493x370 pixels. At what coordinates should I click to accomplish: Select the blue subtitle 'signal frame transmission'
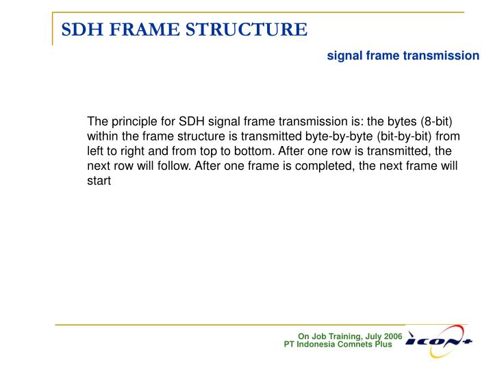(x=403, y=56)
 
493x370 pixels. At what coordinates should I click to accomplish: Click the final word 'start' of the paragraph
(x=99, y=182)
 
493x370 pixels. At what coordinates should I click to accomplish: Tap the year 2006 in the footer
(x=392, y=336)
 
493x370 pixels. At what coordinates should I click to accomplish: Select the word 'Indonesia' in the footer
(x=319, y=344)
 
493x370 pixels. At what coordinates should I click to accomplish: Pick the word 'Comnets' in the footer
(x=357, y=344)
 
